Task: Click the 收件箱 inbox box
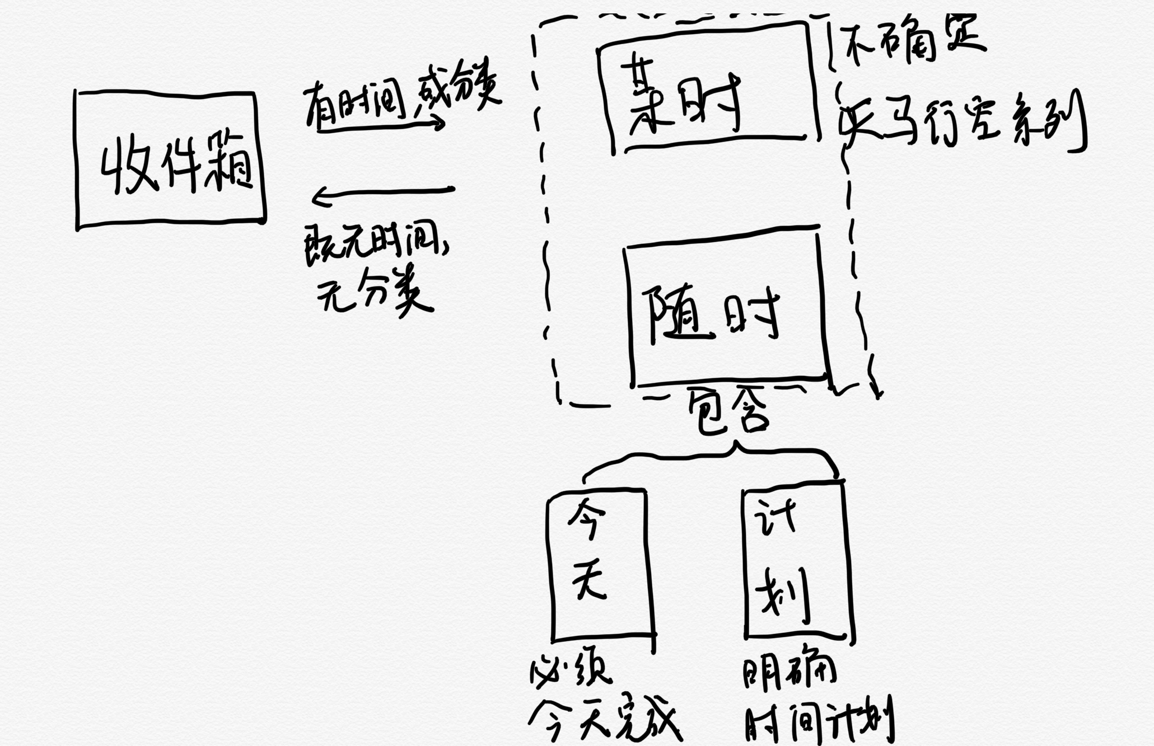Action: click(x=170, y=159)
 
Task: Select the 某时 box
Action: click(x=708, y=90)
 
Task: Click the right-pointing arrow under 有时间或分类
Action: click(x=381, y=126)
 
